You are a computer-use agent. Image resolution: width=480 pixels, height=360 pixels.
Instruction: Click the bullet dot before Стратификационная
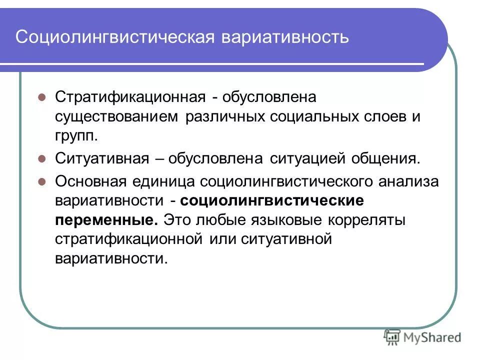point(42,95)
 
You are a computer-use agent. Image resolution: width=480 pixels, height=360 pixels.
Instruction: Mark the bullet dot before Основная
point(42,180)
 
